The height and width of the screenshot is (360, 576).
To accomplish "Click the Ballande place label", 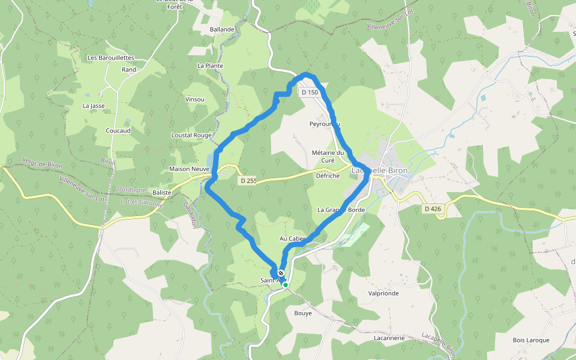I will tap(222, 29).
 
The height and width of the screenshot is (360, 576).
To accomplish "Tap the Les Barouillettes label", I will tap(110, 58).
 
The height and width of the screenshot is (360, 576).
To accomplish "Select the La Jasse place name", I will tap(94, 106).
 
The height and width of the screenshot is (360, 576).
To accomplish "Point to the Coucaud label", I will tap(118, 130).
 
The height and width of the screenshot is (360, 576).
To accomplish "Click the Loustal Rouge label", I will tap(191, 135).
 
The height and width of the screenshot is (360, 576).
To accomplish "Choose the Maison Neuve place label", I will tap(189, 169).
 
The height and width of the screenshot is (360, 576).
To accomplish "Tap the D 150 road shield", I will tap(310, 92).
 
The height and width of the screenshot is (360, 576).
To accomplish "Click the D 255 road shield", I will tap(248, 181).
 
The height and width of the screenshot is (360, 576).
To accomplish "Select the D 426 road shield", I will tap(432, 209).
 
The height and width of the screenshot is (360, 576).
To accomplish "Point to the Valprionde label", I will tap(383, 293).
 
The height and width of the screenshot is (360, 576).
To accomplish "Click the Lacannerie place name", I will tap(389, 338).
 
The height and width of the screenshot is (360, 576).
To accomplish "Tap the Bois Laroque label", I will tap(531, 340).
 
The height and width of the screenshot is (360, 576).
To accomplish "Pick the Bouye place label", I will tap(303, 313).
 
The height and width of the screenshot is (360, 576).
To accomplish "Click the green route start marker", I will tap(286, 285).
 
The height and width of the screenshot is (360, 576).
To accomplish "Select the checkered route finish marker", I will tap(281, 274).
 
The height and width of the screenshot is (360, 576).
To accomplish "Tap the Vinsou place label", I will tap(195, 99).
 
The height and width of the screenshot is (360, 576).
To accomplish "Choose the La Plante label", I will tap(210, 65).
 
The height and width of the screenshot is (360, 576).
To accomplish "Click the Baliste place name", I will tap(161, 193).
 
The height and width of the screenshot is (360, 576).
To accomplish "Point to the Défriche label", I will tap(328, 176).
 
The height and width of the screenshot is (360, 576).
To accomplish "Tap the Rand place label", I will tap(129, 70).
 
